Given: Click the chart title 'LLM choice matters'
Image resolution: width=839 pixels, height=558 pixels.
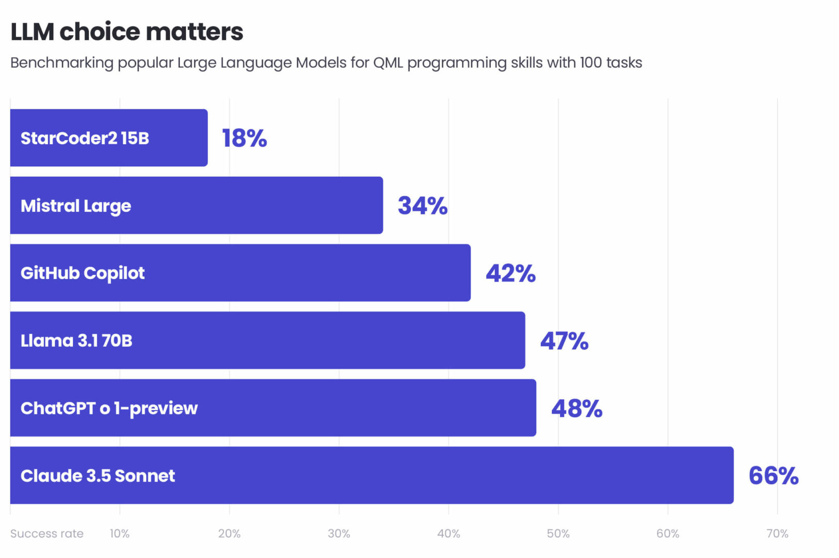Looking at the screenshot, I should point(127,32).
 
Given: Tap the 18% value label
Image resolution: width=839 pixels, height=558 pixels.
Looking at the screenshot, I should point(244,138).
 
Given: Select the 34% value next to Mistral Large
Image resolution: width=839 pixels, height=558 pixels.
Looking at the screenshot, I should point(422,206).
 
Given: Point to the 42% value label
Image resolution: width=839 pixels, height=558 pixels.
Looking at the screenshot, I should point(510,273).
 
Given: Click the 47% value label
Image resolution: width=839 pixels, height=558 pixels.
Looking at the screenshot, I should point(564,341).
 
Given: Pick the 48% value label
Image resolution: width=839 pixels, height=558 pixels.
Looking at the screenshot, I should point(577,409).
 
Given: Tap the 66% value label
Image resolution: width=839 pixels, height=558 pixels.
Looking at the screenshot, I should point(773,476).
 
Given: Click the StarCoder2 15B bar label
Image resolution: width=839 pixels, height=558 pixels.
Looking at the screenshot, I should point(85,138).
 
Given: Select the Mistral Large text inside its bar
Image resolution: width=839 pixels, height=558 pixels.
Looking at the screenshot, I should point(76,206).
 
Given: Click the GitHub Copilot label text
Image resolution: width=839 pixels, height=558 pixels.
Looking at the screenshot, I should point(83,273).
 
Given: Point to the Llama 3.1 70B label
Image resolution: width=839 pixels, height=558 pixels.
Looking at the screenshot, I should point(76,341).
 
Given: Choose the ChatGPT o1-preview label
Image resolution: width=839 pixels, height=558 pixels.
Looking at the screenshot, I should point(109,409).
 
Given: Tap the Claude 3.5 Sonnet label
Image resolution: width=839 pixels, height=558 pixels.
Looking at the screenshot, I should point(98,476).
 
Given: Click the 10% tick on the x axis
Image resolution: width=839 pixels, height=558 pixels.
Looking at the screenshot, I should point(119,534).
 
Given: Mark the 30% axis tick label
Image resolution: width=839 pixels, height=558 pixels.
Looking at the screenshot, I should point(339,534).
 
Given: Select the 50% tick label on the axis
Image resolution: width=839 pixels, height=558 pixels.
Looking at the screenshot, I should point(558,534).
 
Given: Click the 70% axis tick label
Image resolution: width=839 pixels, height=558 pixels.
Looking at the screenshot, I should point(777,534).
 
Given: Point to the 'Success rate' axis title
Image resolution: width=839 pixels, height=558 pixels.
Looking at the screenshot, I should point(47,534).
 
